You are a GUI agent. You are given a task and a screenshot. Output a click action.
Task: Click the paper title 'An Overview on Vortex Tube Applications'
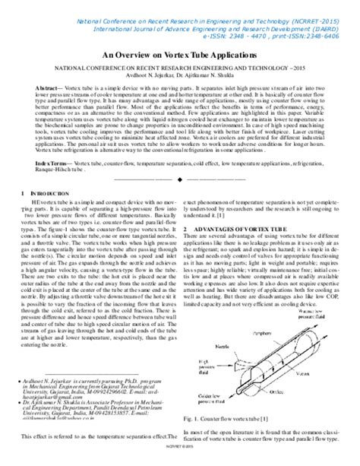click(x=179, y=55)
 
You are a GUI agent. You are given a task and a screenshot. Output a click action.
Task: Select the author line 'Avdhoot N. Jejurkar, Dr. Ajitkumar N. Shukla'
click(x=180, y=78)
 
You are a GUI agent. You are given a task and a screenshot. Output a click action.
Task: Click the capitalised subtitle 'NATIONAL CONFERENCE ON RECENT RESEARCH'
click(x=179, y=70)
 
